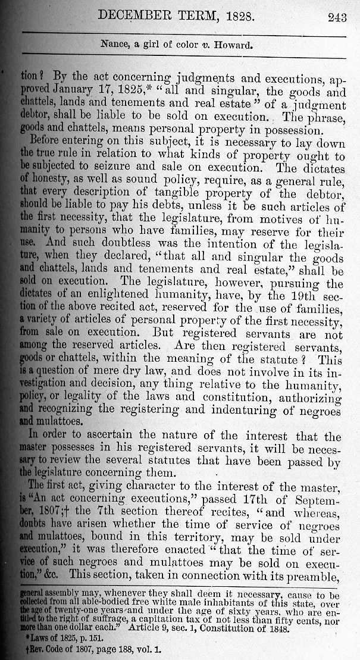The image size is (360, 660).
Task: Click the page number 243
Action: pos(337,17)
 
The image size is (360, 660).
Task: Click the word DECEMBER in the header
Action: pos(144,16)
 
